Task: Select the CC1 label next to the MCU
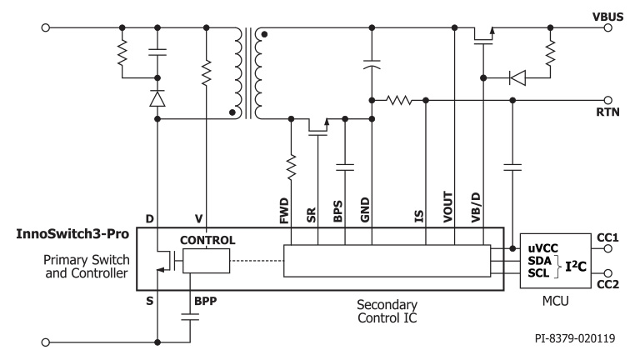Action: (x=608, y=237)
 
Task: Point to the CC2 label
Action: (x=608, y=287)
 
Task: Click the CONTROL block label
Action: (x=207, y=240)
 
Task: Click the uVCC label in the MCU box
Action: (x=542, y=248)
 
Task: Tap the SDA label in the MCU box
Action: (x=539, y=260)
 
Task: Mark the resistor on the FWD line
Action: (x=291, y=170)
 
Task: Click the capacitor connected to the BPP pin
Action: (x=192, y=317)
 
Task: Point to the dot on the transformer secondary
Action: (x=266, y=36)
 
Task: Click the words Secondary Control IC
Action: (x=387, y=311)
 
